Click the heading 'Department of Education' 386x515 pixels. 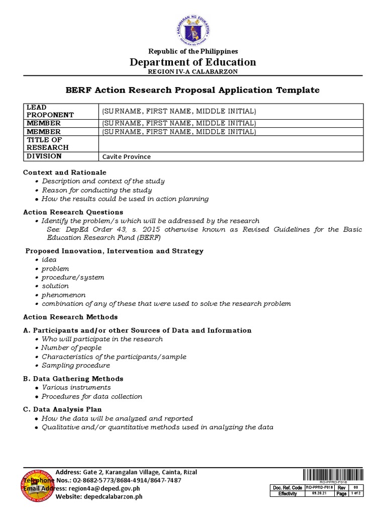(x=193, y=62)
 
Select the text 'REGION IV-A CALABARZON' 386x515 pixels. (x=193, y=71)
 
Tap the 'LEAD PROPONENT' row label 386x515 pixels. (x=50, y=111)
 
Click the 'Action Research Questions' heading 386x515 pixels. (x=73, y=212)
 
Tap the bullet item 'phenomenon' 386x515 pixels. (x=63, y=295)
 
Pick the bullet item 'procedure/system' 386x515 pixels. (x=73, y=277)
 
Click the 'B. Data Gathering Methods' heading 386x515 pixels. (x=73, y=378)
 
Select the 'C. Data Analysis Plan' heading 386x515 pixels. (x=63, y=409)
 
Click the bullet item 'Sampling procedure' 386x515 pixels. (x=76, y=365)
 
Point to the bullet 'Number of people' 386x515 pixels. (x=71, y=348)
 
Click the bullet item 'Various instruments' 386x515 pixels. (x=76, y=387)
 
